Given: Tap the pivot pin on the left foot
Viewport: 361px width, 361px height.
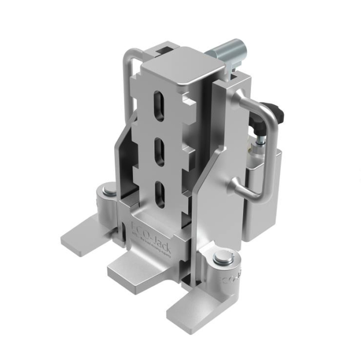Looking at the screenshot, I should tap(110, 192).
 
